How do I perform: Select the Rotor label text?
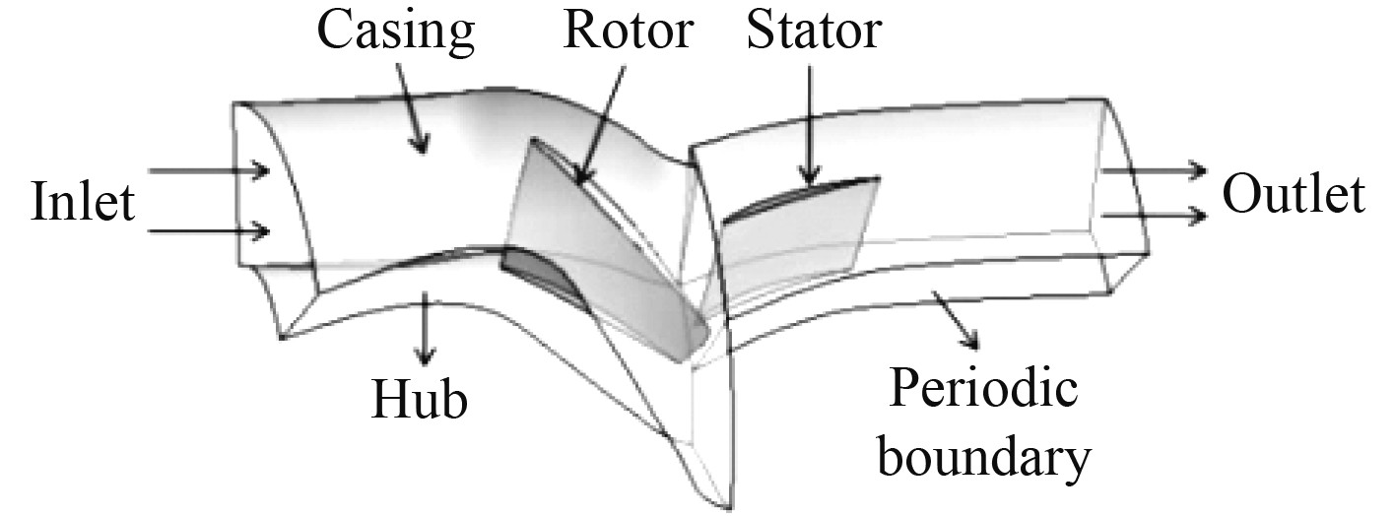pos(629,32)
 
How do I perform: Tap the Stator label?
pos(814,32)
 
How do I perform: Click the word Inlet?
pos(82,203)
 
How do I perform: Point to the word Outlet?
pos(1294,196)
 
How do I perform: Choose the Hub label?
pos(419,400)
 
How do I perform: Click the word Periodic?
pos(981,391)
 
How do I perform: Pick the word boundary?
pos(984,456)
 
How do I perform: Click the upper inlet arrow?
pos(209,171)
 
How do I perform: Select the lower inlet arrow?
pos(209,232)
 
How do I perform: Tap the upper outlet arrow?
pos(1153,169)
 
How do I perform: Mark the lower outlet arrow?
pos(1153,214)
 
